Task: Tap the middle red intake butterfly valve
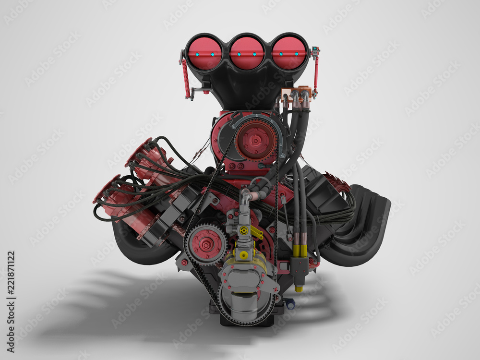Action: point(246,53)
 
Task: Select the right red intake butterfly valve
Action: point(289,53)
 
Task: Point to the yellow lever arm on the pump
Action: point(256,233)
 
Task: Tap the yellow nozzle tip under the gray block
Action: point(299,288)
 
